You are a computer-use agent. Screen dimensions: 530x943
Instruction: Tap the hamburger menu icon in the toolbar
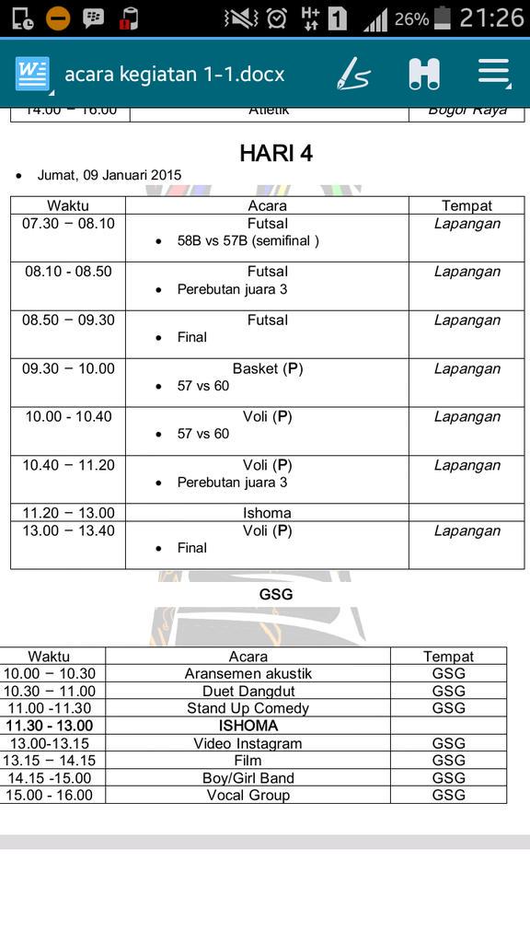[493, 74]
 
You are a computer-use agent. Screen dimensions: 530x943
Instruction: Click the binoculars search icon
[424, 74]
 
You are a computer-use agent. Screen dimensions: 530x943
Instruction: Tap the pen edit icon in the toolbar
[352, 74]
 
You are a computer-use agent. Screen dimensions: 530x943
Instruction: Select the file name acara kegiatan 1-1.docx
[174, 74]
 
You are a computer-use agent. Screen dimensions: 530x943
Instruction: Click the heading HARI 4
[276, 153]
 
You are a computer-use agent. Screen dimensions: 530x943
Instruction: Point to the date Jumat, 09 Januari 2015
[109, 175]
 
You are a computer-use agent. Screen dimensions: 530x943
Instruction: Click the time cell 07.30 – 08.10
[69, 224]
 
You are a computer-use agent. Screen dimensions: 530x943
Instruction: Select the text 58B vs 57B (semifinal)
[248, 240]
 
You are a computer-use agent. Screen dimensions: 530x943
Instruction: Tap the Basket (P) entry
[268, 368]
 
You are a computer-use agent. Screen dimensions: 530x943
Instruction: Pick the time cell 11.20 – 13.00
[69, 513]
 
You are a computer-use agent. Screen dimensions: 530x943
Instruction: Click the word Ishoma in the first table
[268, 513]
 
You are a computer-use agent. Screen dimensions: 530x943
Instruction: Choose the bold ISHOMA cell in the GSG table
[248, 726]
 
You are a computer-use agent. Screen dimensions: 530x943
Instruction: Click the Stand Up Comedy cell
[248, 708]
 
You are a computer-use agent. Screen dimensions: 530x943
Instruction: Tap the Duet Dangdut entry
[248, 691]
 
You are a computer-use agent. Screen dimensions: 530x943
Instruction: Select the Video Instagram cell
[248, 743]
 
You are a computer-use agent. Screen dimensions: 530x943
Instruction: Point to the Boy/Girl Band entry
[248, 778]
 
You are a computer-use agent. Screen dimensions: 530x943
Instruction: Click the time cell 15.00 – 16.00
[50, 795]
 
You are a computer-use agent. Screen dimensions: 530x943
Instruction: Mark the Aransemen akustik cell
[248, 673]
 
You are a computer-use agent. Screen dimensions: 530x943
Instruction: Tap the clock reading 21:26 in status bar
[491, 17]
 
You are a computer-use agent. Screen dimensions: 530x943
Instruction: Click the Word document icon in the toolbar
[32, 74]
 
